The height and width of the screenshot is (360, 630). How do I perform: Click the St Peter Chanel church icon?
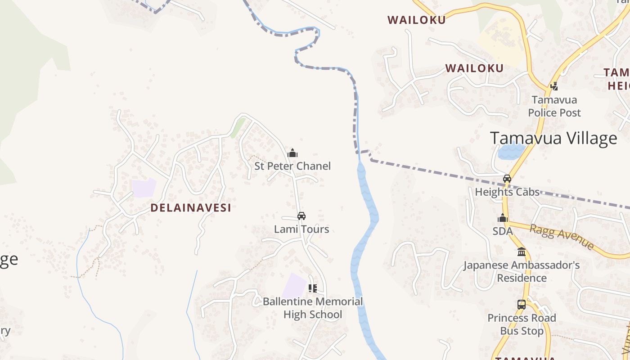[x=292, y=153]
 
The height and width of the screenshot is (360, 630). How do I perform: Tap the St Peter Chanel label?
[x=292, y=166]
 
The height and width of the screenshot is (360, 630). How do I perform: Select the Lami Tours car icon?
[x=301, y=216]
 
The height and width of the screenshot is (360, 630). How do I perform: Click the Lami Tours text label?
[x=301, y=229]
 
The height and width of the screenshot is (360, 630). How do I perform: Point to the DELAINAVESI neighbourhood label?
[x=191, y=207]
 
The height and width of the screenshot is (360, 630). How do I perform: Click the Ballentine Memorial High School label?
[x=313, y=308]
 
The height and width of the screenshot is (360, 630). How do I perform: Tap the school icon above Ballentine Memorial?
[x=313, y=288]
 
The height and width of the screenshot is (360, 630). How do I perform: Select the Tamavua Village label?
[x=553, y=138]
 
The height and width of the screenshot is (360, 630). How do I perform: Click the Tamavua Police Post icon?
[x=554, y=85]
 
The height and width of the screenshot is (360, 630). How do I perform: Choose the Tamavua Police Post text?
[x=554, y=106]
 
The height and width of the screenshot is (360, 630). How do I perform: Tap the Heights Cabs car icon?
[x=507, y=179]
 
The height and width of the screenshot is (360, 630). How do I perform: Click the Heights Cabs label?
[x=507, y=192]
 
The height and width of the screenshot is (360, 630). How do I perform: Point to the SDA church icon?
[x=503, y=218]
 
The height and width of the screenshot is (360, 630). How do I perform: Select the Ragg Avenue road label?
[x=562, y=237]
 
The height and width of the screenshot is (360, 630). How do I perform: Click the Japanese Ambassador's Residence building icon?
[x=522, y=252]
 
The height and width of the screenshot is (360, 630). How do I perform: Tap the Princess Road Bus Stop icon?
[x=522, y=305]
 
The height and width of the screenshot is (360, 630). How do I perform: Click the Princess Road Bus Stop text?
[x=522, y=324]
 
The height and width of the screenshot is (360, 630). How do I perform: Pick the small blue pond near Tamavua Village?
[x=511, y=150]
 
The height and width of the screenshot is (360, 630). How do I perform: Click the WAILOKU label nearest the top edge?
[x=417, y=20]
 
